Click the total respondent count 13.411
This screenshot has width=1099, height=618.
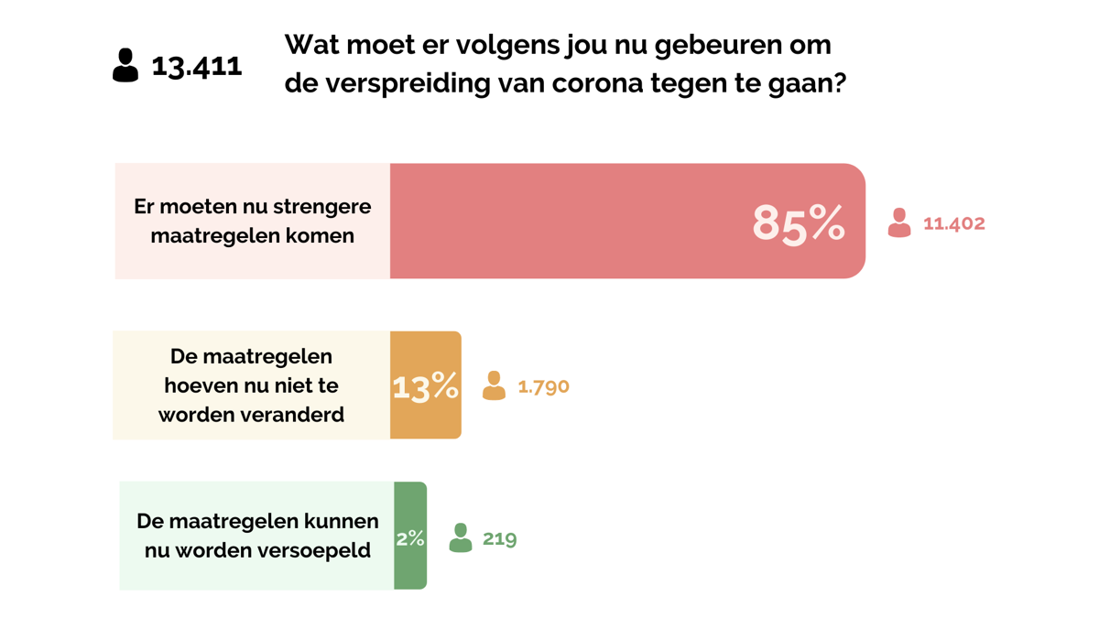coord(197,66)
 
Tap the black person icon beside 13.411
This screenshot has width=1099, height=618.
coord(125,65)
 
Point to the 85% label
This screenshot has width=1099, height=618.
coord(798,222)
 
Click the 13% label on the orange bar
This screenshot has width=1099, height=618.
coord(425,387)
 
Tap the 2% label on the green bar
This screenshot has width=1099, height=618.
coord(410,538)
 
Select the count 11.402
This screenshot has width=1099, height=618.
coord(953,223)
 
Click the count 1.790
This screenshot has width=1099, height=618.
coord(543,386)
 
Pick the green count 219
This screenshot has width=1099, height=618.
coord(499,538)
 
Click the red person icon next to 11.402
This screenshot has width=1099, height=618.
coord(899,222)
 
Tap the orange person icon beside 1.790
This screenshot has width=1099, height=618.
coord(494,385)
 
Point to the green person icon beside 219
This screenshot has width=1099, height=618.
coord(461,537)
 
